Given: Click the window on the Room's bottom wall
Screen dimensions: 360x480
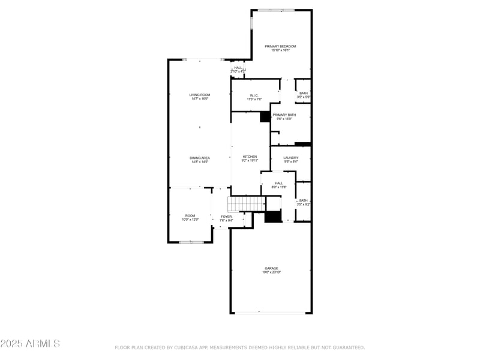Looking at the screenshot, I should point(191,242).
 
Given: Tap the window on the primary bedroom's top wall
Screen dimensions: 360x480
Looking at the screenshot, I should point(276,10).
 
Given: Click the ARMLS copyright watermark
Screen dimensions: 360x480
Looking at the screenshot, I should point(30,344).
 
